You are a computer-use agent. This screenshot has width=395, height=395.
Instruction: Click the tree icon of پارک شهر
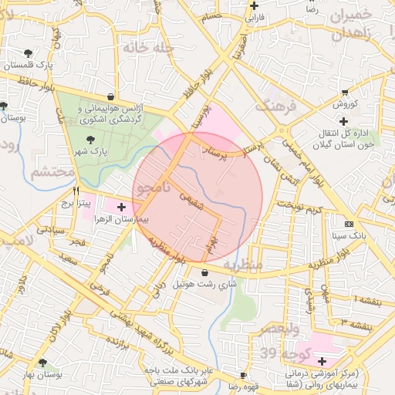tap(92, 140)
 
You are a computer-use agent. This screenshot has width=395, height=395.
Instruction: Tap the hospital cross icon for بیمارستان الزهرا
tap(121, 208)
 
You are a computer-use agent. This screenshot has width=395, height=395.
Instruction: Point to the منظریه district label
tap(243, 265)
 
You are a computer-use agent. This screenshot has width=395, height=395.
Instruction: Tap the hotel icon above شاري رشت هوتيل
tap(204, 272)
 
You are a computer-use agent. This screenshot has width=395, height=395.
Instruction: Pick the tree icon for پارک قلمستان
tap(29, 53)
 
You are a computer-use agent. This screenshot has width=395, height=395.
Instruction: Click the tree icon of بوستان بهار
tap(42, 362)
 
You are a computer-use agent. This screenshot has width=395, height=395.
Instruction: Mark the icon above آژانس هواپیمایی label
tap(112, 97)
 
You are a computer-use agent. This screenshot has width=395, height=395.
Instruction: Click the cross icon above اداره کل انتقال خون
tap(343, 121)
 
